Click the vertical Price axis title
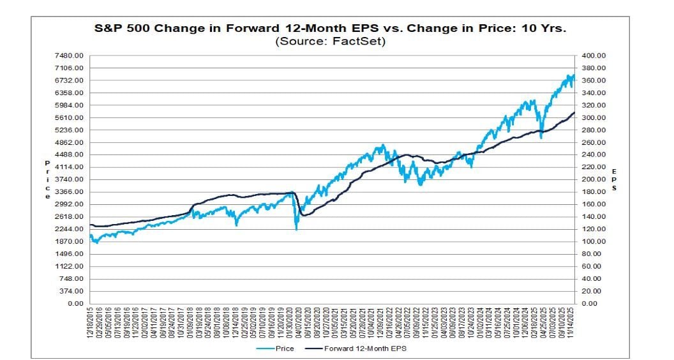coord(47,179)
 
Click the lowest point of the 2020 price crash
coord(296,229)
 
